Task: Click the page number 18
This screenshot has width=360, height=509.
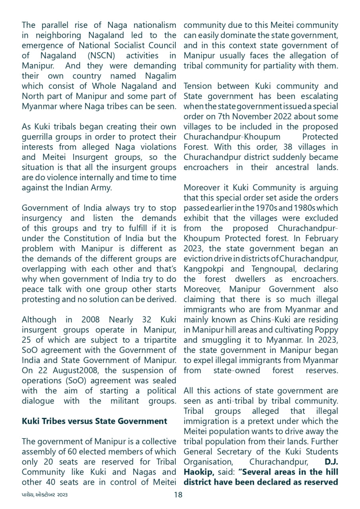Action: point(178,495)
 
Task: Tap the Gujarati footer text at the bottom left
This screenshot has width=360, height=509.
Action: point(45,495)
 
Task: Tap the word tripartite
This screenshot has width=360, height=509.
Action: point(154,340)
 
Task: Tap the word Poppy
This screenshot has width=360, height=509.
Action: point(327,330)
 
